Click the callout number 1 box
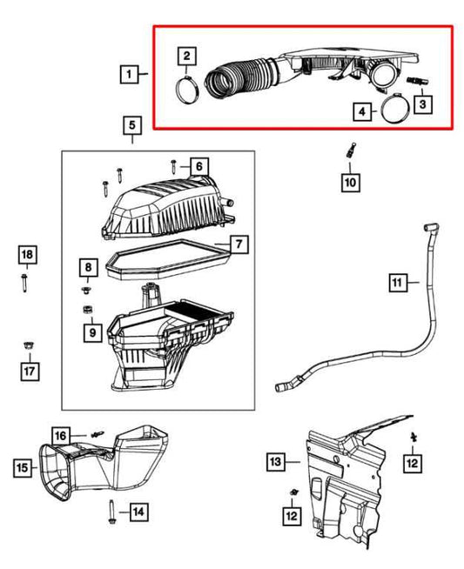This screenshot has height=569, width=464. (128, 76)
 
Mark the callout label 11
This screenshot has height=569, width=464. (397, 282)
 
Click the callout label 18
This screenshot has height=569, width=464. (27, 254)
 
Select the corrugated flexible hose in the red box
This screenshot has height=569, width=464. (240, 73)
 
